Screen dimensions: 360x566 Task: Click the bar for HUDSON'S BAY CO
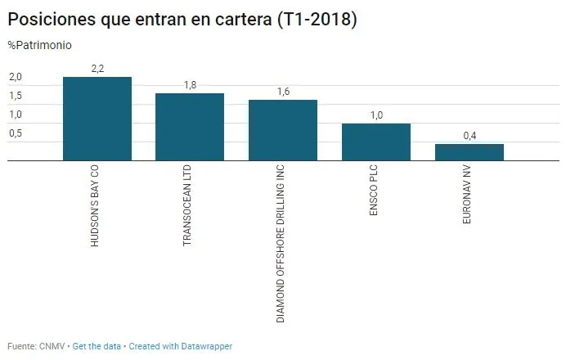click(x=97, y=119)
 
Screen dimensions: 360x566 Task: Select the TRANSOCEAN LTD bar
click(x=190, y=128)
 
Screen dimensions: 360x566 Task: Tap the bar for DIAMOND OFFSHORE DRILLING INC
click(x=283, y=131)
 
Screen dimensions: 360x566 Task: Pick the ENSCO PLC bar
click(x=375, y=142)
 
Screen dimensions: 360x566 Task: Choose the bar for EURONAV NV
click(x=469, y=153)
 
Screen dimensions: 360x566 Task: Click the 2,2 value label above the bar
click(x=97, y=69)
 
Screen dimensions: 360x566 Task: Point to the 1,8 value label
click(x=190, y=84)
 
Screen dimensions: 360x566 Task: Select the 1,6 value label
click(x=283, y=92)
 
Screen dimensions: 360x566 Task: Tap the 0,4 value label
click(x=469, y=135)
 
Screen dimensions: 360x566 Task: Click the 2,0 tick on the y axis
click(x=16, y=77)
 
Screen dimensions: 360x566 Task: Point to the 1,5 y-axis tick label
click(x=16, y=96)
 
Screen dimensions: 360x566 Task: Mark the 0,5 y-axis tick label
click(x=16, y=133)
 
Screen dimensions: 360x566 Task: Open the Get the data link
click(x=96, y=346)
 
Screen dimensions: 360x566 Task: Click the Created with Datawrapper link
click(x=181, y=346)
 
